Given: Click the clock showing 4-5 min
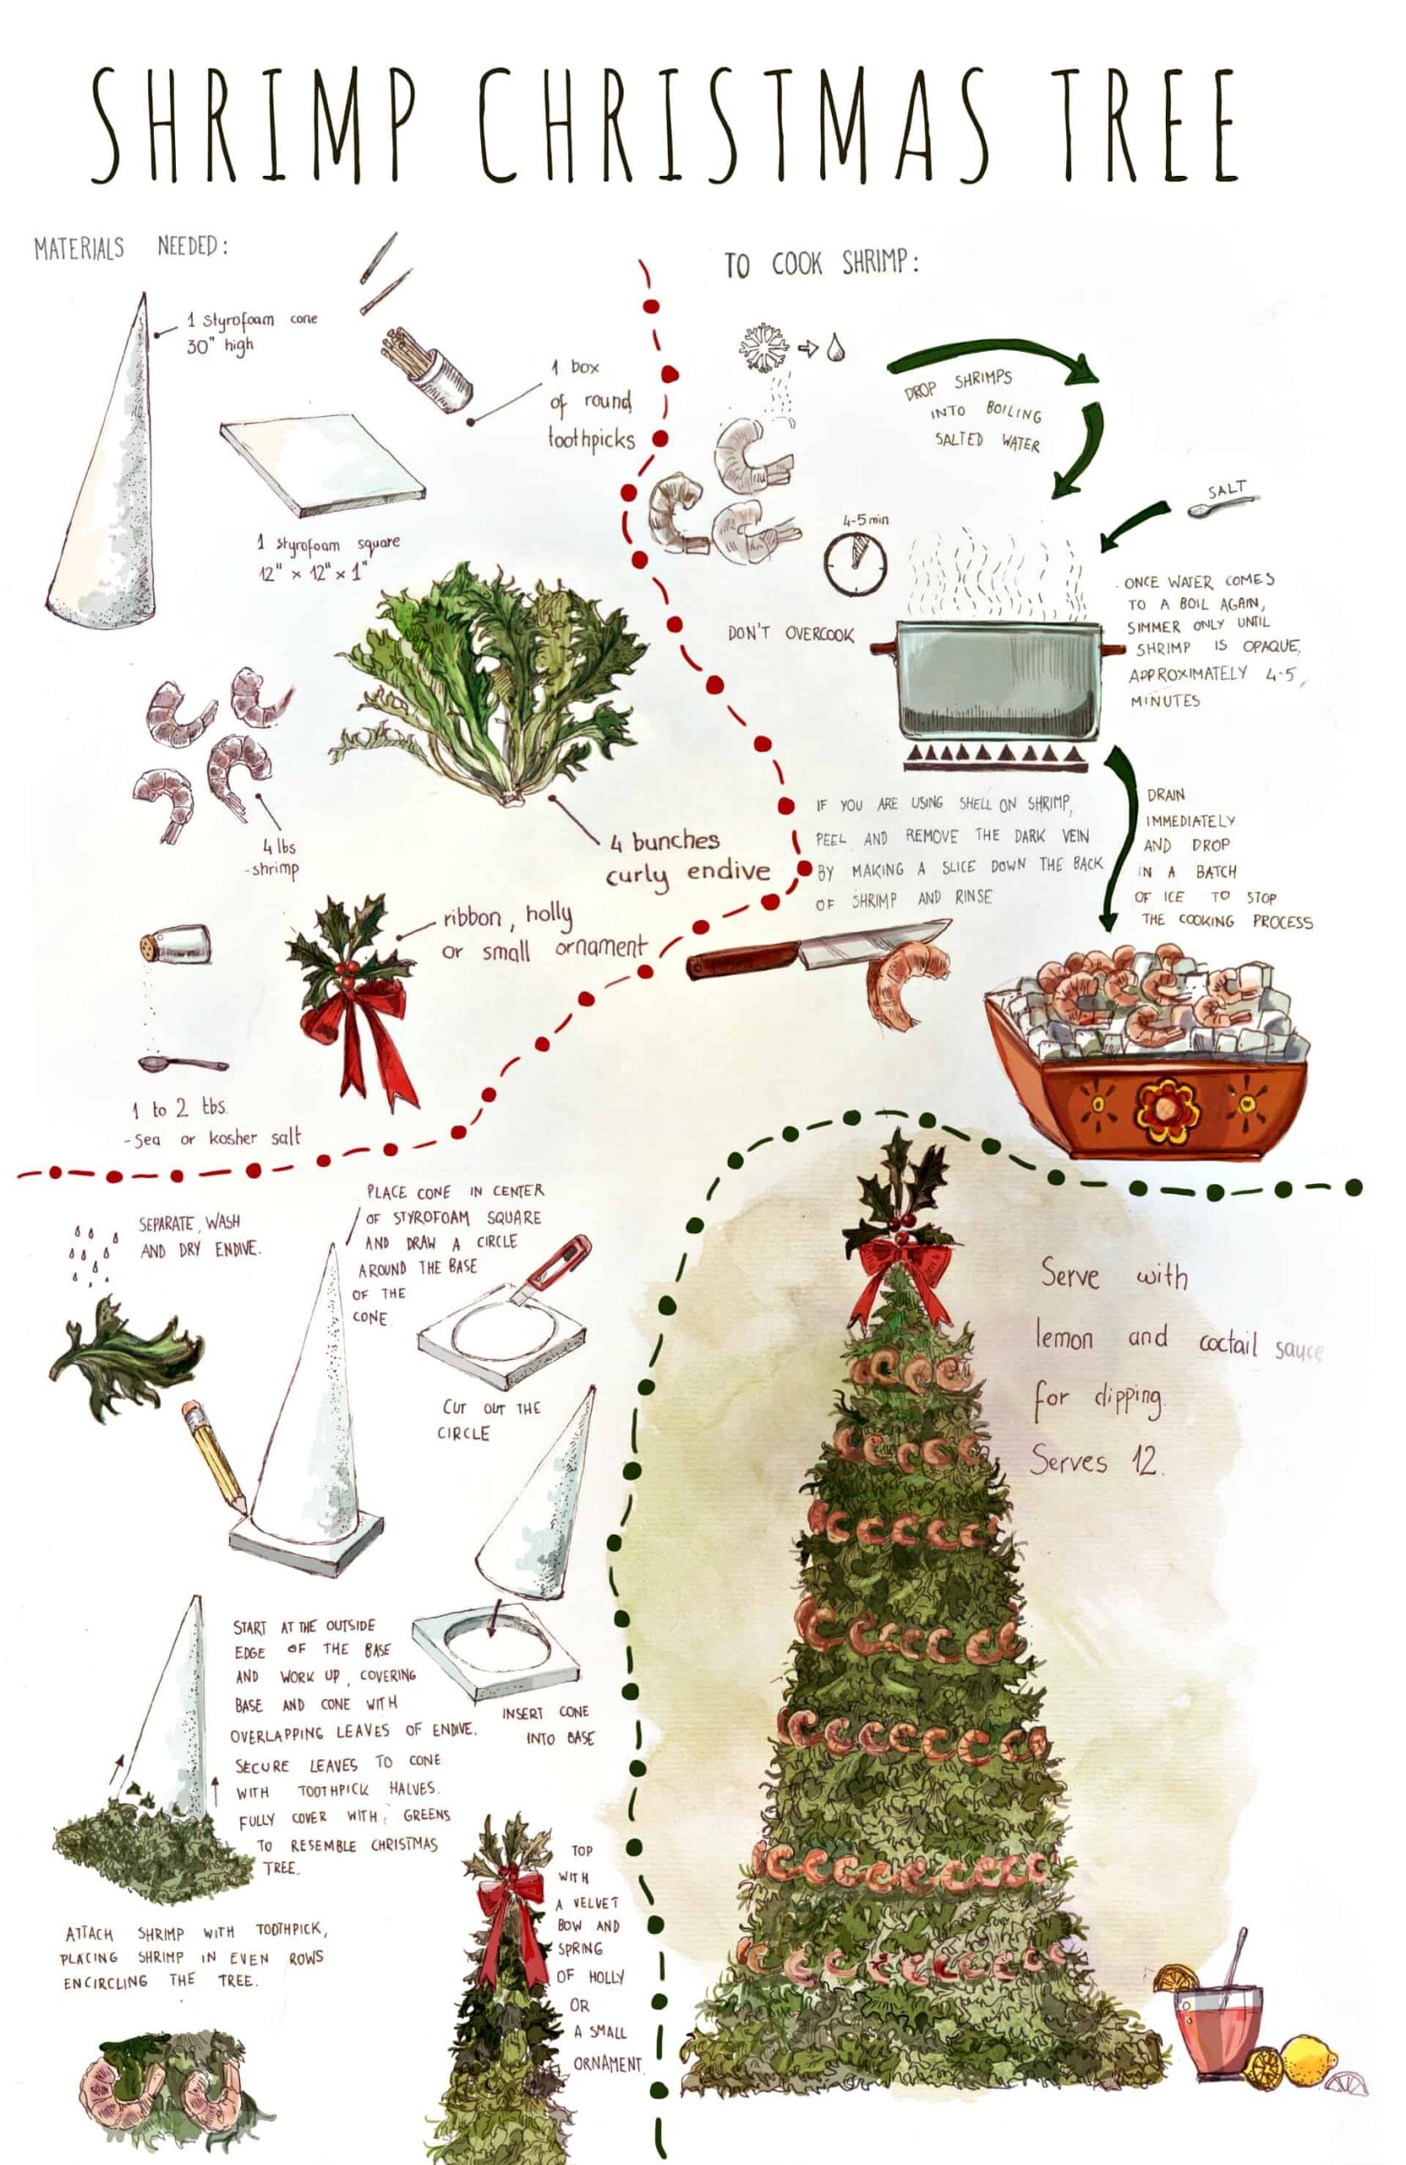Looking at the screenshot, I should (855, 563).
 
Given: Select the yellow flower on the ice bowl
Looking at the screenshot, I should (1166, 1110).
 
